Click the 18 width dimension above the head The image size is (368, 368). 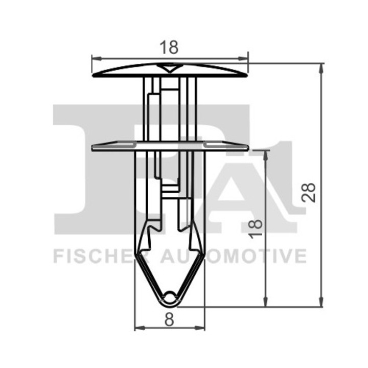coord(170,48)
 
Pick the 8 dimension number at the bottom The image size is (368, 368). coord(170,319)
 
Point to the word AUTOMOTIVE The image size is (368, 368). coord(235,255)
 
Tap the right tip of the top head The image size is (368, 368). coord(246,75)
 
